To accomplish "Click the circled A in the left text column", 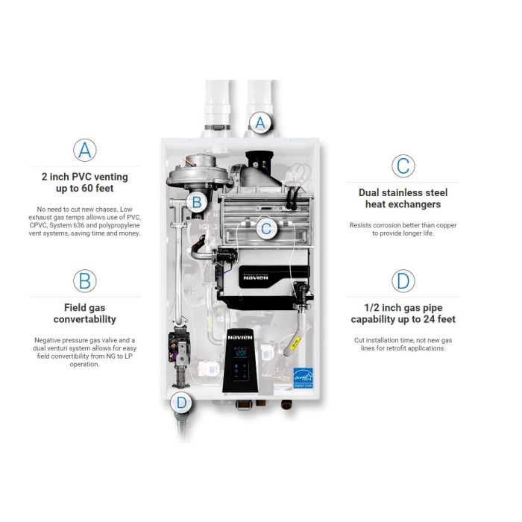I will coord(85,149).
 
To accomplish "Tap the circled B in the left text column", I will coord(85,280).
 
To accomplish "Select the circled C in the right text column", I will coord(403,165).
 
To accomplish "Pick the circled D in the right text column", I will coord(403,281).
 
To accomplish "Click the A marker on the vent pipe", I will coord(260,122).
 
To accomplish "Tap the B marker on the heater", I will coord(196,201).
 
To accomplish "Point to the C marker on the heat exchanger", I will coord(266,229).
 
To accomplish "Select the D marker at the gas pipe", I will coord(180,403).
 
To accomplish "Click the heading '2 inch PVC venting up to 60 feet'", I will coord(85,183).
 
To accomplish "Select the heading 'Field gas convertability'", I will coord(85,313).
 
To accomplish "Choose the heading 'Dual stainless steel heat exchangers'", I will coord(403,198).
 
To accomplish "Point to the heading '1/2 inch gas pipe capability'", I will coord(403,314).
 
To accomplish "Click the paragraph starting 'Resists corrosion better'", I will coord(403,229).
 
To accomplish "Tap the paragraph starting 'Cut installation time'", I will coord(403,344).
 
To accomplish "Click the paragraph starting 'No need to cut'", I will coord(85,221).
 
